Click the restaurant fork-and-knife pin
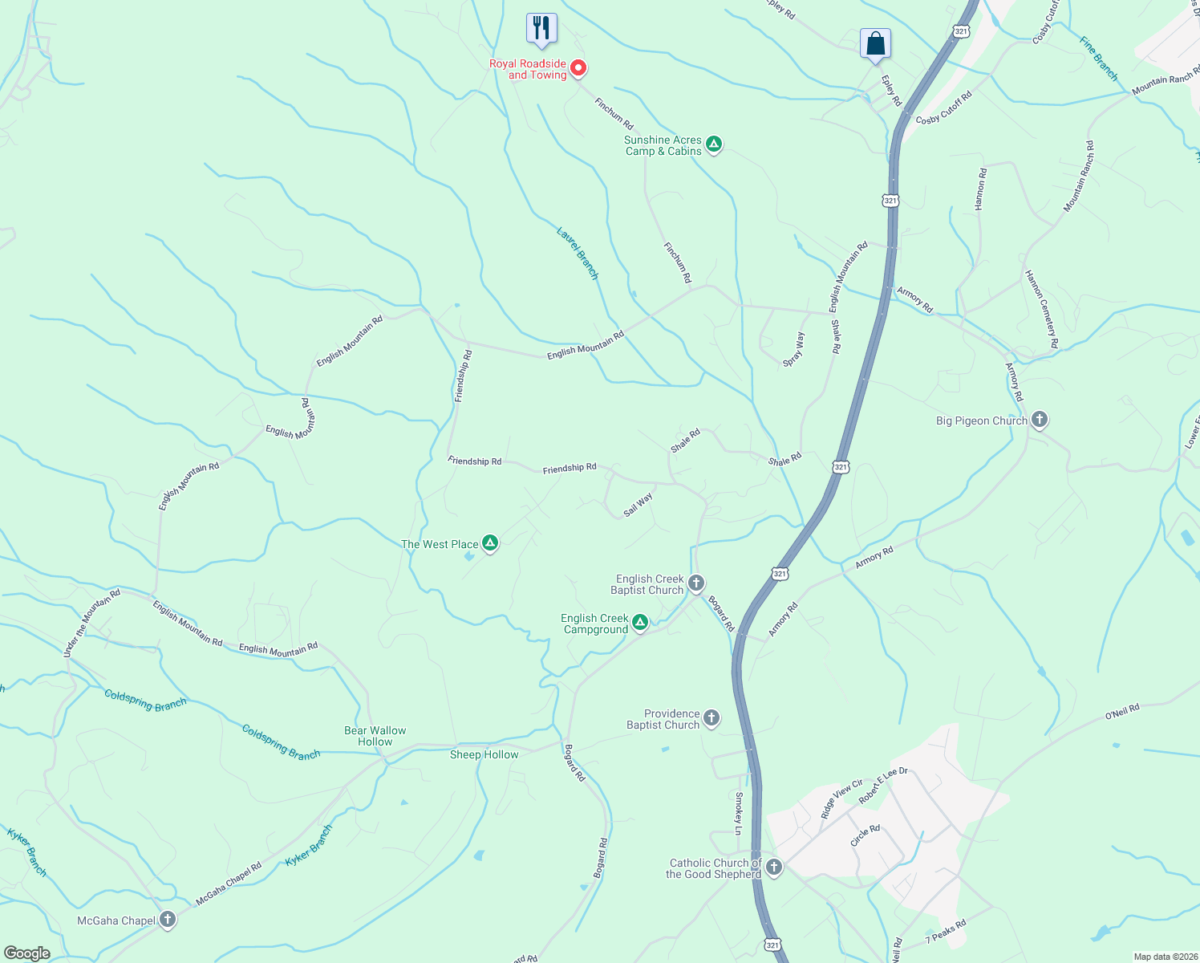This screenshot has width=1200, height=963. click(541, 28)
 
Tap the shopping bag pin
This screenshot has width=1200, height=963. click(875, 43)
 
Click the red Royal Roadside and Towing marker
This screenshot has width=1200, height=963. click(578, 68)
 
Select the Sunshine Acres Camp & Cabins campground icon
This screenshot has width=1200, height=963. click(714, 144)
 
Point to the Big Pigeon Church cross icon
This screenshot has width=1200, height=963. click(1039, 420)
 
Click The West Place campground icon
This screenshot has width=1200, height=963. click(489, 543)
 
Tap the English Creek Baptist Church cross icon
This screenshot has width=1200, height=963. click(695, 583)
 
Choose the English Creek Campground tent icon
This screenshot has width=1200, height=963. click(639, 623)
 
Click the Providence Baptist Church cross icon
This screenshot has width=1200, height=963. click(711, 718)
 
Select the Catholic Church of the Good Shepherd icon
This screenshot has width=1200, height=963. click(773, 868)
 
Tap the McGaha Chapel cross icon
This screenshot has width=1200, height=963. click(167, 920)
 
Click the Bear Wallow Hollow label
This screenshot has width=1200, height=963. click(375, 736)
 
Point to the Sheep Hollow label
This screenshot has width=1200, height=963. click(484, 754)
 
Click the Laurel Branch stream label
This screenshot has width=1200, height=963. click(578, 254)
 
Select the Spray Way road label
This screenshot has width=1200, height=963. click(793, 350)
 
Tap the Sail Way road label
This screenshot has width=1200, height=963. click(639, 505)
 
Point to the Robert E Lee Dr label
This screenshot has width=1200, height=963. click(883, 785)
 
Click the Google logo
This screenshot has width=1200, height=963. click(26, 953)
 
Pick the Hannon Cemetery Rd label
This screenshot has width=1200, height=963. click(1042, 309)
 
